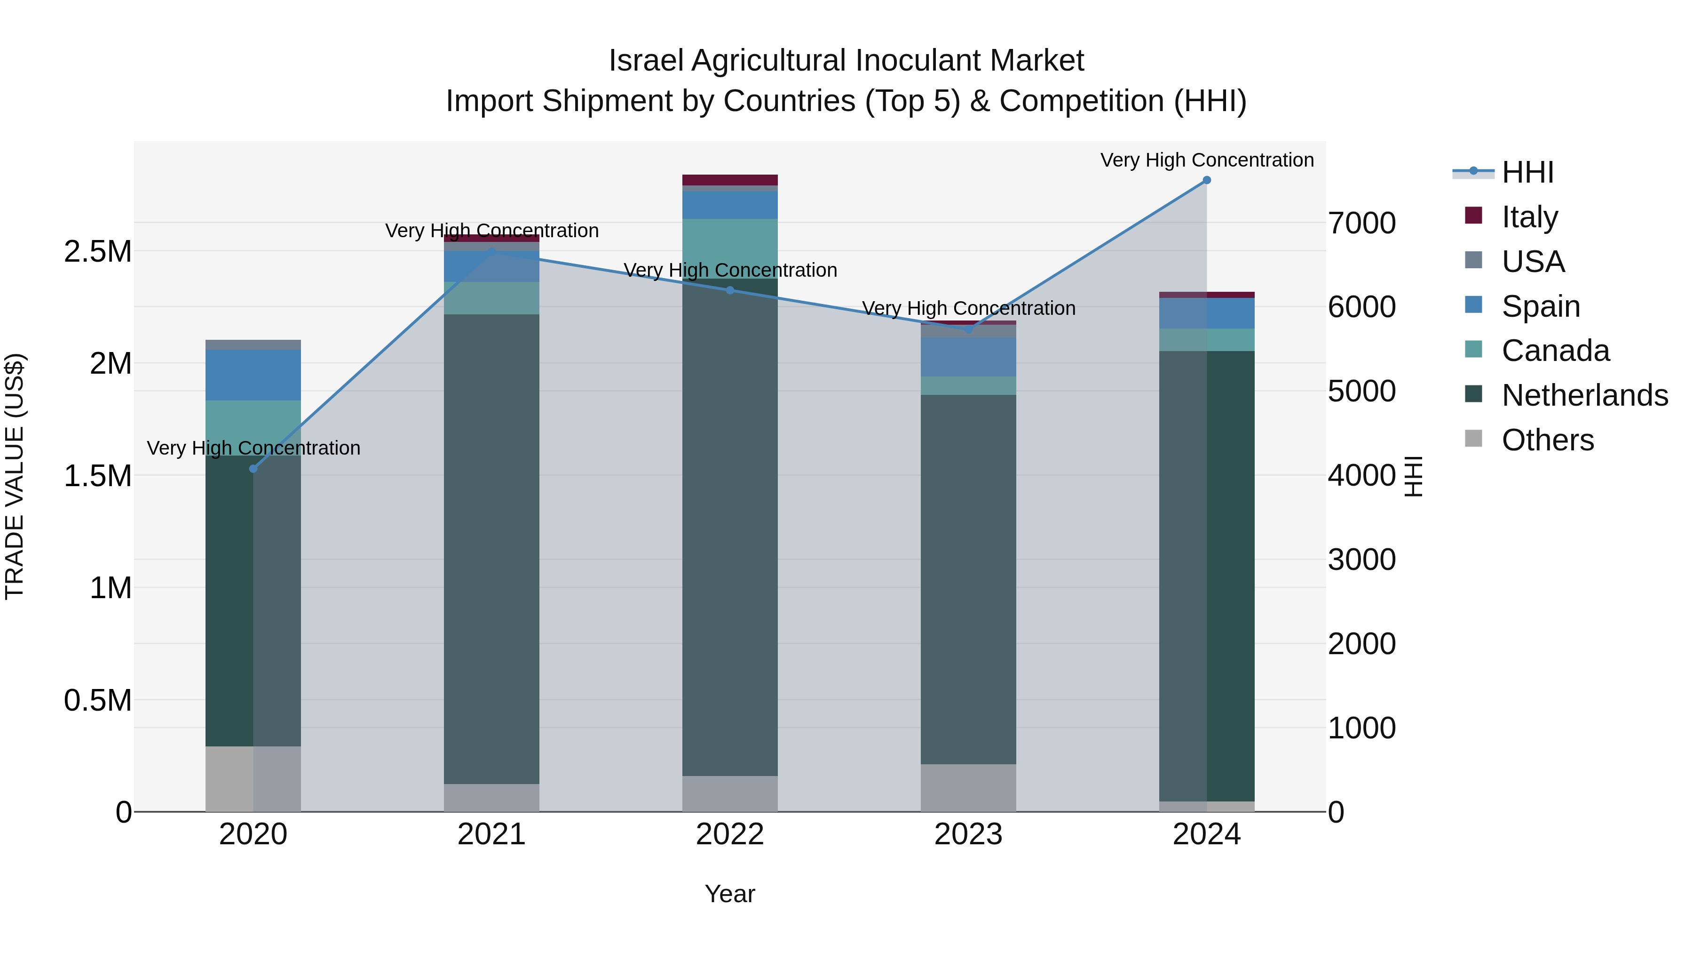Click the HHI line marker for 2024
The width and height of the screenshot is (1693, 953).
point(1207,180)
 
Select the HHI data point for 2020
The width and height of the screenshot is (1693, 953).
point(253,469)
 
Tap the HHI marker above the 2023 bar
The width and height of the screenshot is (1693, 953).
point(968,329)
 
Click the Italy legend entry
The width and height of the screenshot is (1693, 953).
point(1529,216)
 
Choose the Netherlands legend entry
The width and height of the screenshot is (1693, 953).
point(1584,395)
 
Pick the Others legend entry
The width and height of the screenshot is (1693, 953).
point(1547,440)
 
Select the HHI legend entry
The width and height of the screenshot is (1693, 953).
point(1527,172)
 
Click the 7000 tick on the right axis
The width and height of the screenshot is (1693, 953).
point(1361,223)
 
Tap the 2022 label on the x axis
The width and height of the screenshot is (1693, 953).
point(729,834)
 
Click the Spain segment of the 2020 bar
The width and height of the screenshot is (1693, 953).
point(253,375)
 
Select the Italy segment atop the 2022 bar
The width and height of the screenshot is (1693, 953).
point(729,180)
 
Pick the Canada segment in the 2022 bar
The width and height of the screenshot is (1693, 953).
point(729,248)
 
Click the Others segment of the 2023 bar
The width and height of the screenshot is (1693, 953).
point(968,787)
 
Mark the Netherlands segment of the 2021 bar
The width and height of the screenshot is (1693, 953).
point(491,549)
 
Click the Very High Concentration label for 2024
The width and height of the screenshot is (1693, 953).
point(1207,160)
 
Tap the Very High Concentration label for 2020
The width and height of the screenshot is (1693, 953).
point(253,448)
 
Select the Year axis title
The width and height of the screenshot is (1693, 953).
point(729,894)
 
